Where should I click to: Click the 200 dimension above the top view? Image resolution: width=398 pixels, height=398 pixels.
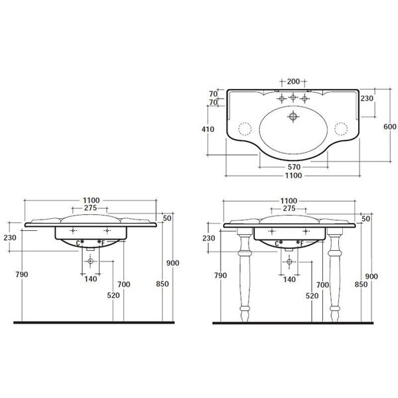293,82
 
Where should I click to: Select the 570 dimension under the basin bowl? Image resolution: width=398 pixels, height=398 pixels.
294,167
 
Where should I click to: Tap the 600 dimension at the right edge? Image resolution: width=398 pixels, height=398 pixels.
389,127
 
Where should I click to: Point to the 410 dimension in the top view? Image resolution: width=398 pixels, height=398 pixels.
208,129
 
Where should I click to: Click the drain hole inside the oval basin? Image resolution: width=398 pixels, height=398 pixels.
293,117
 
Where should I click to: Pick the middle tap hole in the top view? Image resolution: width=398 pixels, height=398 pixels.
293,98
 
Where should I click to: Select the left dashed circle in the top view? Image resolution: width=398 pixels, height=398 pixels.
245,129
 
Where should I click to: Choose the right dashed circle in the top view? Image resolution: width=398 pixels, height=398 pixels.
341,129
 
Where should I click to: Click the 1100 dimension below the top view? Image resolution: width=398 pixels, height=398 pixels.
293,175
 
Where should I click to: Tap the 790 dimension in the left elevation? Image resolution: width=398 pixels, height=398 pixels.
22,275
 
